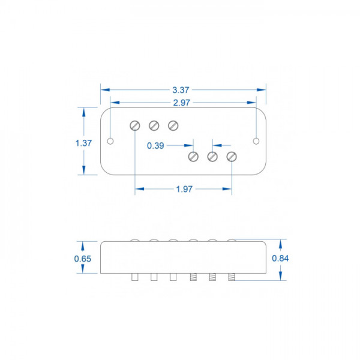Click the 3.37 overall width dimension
(180, 89)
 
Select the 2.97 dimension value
(180, 103)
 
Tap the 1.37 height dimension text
(83, 143)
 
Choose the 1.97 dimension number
(184, 190)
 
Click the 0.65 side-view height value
(83, 259)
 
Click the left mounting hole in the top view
(110, 141)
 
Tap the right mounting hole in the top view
(256, 141)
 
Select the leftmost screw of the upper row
(135, 125)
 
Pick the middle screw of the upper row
(154, 125)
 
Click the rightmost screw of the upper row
(173, 125)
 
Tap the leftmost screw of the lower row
(193, 157)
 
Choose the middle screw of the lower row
(212, 157)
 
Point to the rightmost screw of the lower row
(232, 157)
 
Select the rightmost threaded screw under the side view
(232, 277)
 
